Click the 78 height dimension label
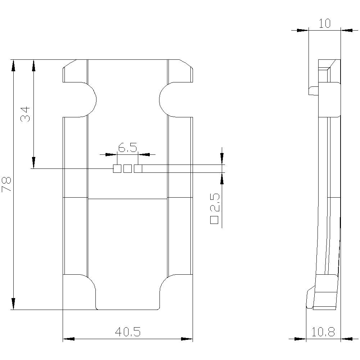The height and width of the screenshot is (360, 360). pyautogui.click(x=7, y=184)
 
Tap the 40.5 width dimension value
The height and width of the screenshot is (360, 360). pyautogui.click(x=127, y=332)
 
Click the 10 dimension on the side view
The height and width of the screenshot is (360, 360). pyautogui.click(x=325, y=23)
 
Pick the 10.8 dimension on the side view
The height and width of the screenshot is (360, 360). pyautogui.click(x=323, y=332)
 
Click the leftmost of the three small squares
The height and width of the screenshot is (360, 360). pyautogui.click(x=117, y=168)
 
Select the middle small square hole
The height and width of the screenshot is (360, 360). pyautogui.click(x=127, y=168)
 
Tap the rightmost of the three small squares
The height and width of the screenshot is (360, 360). pyautogui.click(x=138, y=168)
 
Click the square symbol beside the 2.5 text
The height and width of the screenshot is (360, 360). pyautogui.click(x=215, y=220)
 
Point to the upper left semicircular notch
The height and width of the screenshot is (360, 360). pyautogui.click(x=88, y=100)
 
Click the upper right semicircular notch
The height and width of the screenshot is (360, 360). pyautogui.click(x=167, y=100)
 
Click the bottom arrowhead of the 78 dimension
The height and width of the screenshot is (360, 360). pyautogui.click(x=13, y=303)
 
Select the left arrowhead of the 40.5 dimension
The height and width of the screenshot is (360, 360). pyautogui.click(x=69, y=339)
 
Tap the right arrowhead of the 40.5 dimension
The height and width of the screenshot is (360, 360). pyautogui.click(x=187, y=339)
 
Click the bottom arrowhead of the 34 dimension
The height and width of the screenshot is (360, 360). pyautogui.click(x=33, y=162)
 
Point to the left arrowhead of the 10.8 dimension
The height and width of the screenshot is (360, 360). pyautogui.click(x=300, y=338)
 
